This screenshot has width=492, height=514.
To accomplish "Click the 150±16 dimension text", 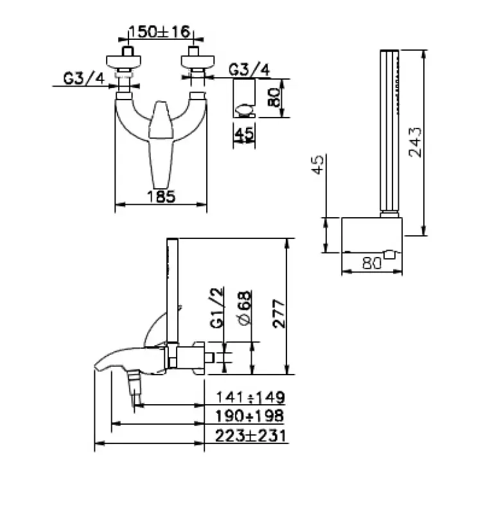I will click(159, 31).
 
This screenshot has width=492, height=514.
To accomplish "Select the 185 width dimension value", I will click(161, 197).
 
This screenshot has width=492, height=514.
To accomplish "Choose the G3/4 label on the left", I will click(83, 78).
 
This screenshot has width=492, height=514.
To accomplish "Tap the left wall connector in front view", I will click(127, 63).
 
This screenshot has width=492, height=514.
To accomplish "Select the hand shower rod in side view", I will click(171, 289).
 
